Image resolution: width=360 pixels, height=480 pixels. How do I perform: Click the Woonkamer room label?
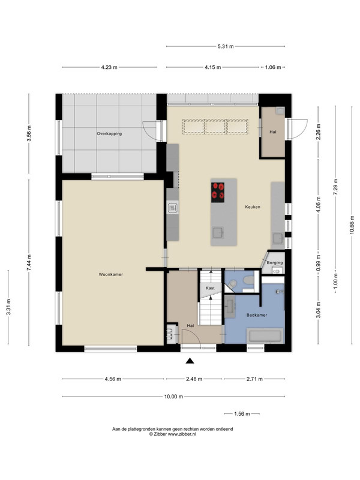point(111,274)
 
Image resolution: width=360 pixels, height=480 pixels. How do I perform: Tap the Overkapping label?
point(109,134)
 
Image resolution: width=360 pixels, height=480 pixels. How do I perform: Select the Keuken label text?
point(253,207)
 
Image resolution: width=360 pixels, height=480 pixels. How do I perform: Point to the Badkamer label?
point(257,314)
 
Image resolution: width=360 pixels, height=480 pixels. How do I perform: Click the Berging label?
point(275,263)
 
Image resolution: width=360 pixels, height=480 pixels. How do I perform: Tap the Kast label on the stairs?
point(210,288)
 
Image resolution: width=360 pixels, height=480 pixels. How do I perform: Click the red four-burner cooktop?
point(218,192)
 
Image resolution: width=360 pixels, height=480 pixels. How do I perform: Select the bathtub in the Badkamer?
point(265,336)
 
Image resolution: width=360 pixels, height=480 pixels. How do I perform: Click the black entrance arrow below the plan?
point(190,361)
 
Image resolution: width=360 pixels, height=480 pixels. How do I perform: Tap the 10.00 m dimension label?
point(173,397)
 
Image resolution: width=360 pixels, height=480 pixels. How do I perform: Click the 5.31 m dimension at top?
point(226,47)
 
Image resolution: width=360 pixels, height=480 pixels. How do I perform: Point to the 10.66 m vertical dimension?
point(352,224)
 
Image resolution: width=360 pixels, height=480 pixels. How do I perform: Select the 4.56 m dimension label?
point(113,379)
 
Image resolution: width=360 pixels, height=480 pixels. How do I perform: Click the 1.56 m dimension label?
point(242,414)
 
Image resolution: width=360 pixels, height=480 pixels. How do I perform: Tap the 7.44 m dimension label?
point(29,262)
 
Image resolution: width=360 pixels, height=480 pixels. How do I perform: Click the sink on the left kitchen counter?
point(173,208)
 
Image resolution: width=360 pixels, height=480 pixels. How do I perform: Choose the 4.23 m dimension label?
point(109,67)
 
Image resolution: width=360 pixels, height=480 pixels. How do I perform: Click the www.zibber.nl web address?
point(182,434)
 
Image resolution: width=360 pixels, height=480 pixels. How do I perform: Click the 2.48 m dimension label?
point(194,379)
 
